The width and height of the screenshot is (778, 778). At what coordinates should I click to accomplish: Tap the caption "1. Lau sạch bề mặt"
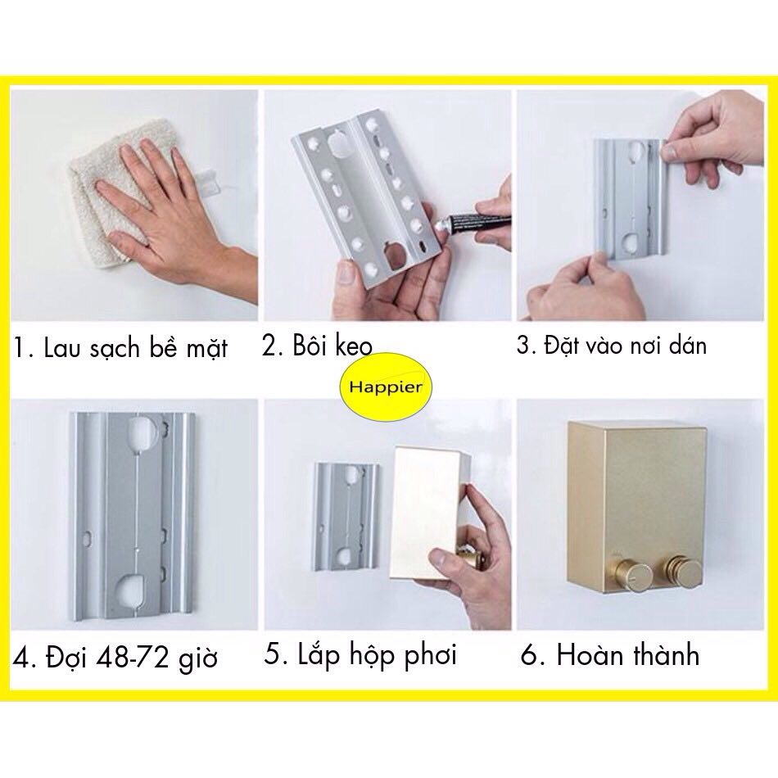[120, 346]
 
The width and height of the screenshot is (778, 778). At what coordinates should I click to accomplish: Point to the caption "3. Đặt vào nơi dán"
[611, 345]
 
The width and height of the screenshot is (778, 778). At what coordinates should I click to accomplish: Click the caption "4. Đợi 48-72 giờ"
[115, 658]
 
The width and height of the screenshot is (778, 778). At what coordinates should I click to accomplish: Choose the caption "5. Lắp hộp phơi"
[360, 655]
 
